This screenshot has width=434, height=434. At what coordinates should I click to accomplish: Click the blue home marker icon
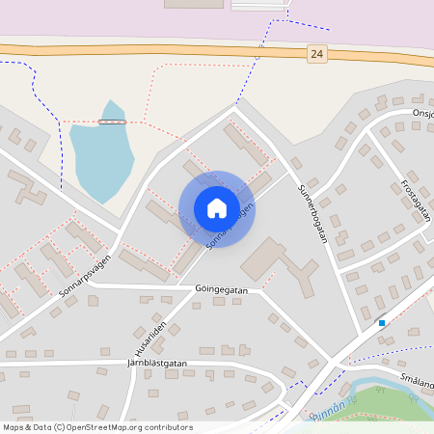point(217,208)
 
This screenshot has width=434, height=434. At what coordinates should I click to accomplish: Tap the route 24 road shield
point(317,55)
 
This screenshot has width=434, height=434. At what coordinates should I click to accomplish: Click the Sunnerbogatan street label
point(314,213)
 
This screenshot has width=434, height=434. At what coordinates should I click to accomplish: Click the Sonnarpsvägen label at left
point(85,272)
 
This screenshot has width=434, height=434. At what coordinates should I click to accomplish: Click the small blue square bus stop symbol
point(382,322)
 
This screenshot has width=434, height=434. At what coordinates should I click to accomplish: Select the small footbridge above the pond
point(112,122)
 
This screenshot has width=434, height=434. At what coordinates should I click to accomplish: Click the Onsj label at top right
point(422,113)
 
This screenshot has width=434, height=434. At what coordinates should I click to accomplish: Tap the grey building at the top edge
point(193,4)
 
